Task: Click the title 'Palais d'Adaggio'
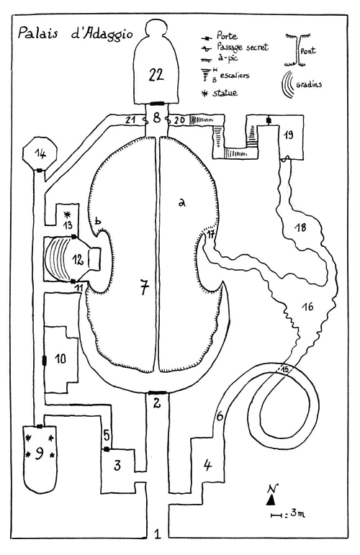click(x=76, y=34)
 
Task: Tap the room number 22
click(x=156, y=75)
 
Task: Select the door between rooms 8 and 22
click(x=156, y=104)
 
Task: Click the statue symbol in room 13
click(x=67, y=214)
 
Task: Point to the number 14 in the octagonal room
click(x=40, y=153)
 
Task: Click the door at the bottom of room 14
click(x=40, y=171)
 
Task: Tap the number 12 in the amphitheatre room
click(x=78, y=260)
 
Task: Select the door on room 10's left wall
click(x=45, y=361)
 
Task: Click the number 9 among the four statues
click(x=39, y=453)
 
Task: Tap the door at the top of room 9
click(x=40, y=426)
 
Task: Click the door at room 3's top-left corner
click(x=106, y=449)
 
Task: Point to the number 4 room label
click(x=208, y=465)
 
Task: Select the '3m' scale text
click(x=297, y=513)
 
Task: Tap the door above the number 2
click(x=157, y=392)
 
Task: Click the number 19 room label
click(x=289, y=135)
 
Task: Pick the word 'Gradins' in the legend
click(x=309, y=84)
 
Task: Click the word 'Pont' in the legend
click(x=308, y=50)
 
